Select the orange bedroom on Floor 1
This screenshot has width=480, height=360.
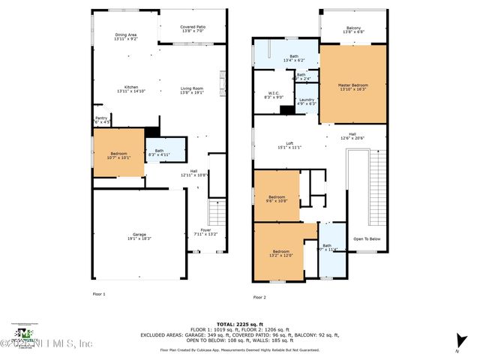tap(118, 154)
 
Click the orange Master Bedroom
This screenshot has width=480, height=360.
tap(352, 84)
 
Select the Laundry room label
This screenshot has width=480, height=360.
tap(306, 101)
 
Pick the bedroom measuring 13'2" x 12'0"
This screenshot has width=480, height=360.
tap(281, 253)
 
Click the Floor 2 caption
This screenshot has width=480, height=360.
tap(259, 297)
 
